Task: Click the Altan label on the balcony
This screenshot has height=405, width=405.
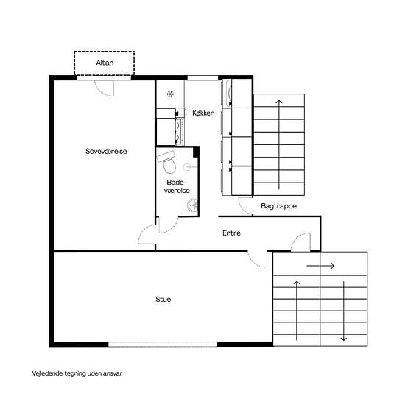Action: point(105,63)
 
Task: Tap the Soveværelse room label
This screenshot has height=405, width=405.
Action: point(106,151)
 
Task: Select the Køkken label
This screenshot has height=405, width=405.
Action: point(203,113)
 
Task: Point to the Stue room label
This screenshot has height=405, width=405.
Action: point(163,299)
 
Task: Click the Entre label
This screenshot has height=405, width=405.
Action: point(231,233)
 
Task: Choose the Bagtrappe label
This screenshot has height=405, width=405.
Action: point(278,206)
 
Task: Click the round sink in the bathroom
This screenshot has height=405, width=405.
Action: point(192,205)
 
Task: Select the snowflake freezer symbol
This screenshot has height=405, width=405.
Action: point(170,94)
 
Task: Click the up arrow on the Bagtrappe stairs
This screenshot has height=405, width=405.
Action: point(278,144)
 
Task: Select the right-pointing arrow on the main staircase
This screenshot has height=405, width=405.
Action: point(320,266)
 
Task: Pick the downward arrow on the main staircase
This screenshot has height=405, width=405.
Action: point(344,311)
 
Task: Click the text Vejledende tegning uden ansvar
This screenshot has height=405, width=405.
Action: point(77,373)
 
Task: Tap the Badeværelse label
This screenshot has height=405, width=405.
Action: point(177,186)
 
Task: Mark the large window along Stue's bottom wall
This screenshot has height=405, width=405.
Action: point(163,345)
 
